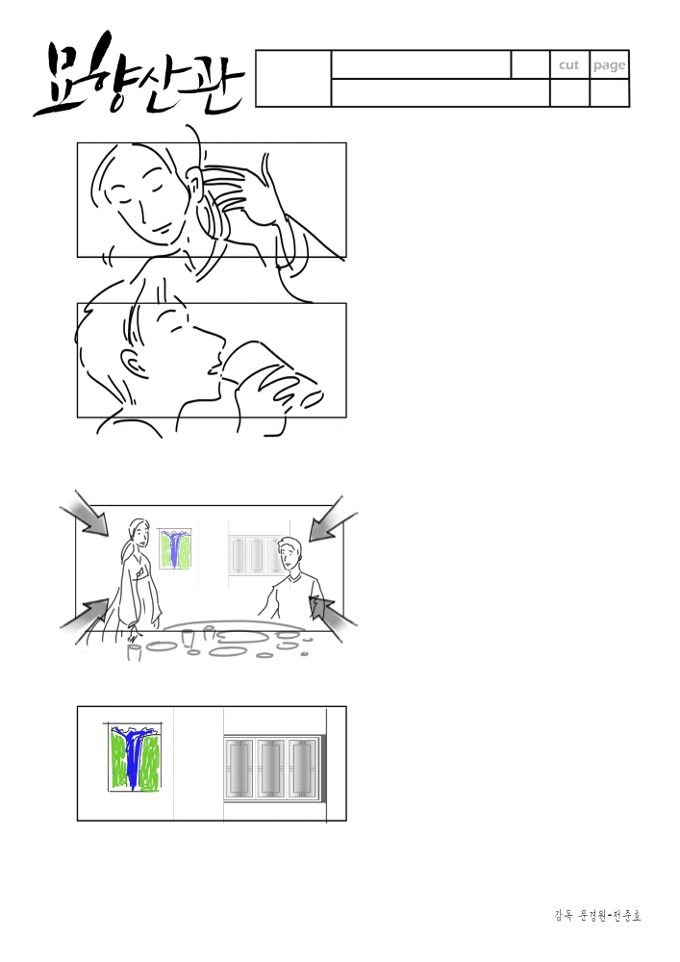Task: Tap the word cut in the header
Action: (x=569, y=65)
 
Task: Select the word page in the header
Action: (x=609, y=65)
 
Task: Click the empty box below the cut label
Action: (x=569, y=92)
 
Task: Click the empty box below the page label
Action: (x=610, y=92)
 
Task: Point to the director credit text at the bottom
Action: (x=598, y=916)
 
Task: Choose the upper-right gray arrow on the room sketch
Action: (x=332, y=519)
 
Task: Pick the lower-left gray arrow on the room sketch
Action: (x=85, y=620)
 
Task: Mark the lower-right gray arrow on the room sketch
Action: (x=334, y=617)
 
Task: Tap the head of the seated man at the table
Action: (x=289, y=553)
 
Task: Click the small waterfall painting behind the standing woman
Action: (x=175, y=548)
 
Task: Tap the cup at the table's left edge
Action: (x=134, y=651)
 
